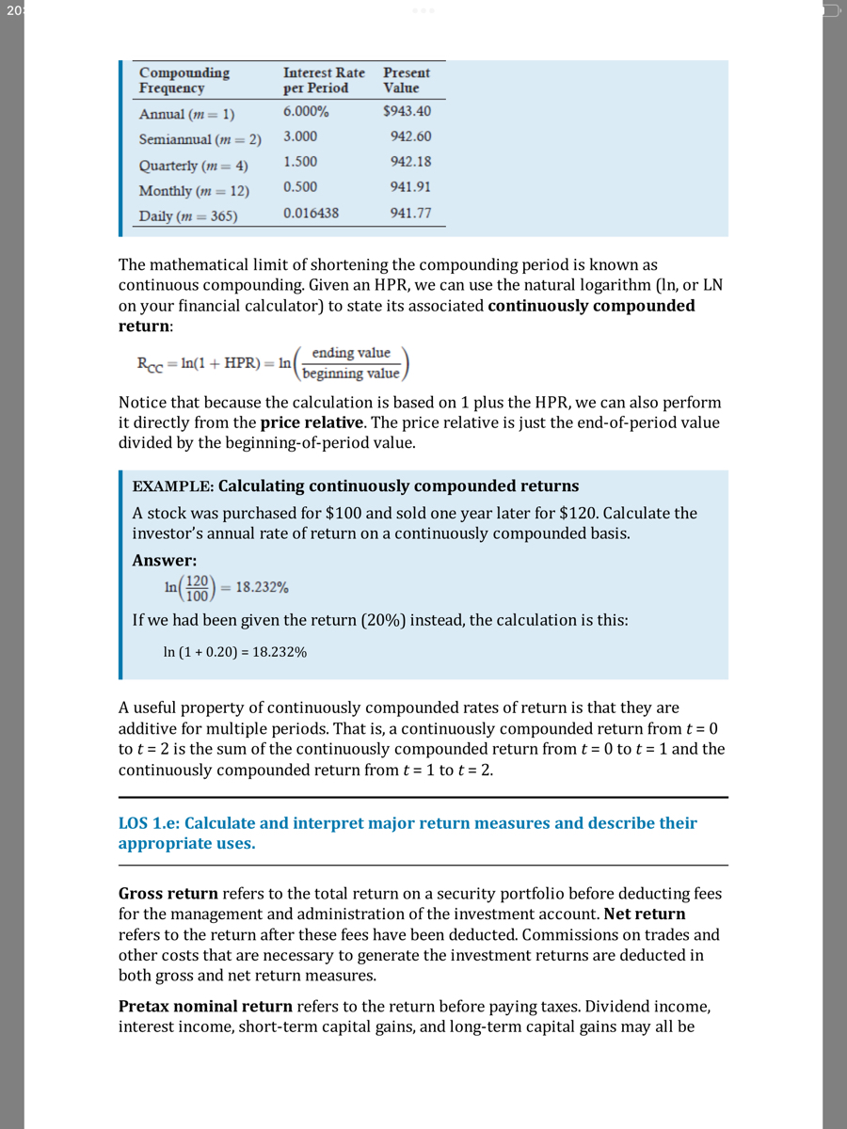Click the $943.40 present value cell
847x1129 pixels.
coord(407,111)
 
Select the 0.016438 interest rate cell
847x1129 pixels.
coord(311,213)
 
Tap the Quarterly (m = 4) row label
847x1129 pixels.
coord(193,165)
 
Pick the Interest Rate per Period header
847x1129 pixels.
coord(324,80)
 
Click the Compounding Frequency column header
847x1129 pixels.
coord(184,80)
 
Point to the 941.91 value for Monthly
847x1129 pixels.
coord(410,187)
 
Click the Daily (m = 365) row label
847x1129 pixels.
coord(188,215)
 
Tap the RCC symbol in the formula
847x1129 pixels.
coord(150,363)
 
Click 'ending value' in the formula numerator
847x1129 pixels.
coord(351,353)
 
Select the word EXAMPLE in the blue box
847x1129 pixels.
coord(172,486)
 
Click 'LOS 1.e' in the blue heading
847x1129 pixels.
coord(150,823)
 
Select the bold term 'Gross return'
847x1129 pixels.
coord(168,893)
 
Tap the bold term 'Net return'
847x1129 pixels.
coord(645,914)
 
